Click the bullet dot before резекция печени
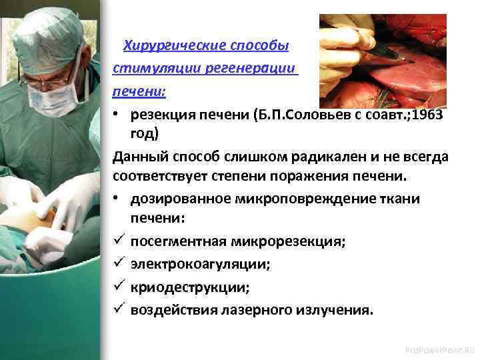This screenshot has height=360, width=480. coord(117,113)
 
